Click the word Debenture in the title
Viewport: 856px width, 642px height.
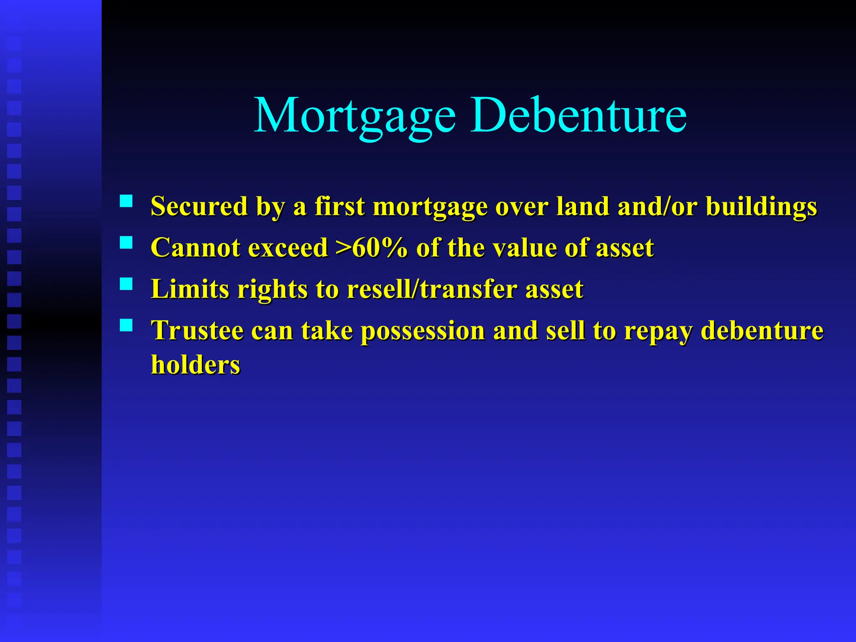point(578,115)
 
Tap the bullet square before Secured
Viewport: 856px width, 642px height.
point(126,201)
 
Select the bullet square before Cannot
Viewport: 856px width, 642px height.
point(126,243)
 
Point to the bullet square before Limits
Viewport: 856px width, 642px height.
point(126,284)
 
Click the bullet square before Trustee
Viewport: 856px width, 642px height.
point(126,325)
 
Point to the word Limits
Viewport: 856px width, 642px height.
point(190,289)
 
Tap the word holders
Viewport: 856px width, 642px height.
point(196,365)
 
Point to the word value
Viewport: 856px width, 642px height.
point(525,247)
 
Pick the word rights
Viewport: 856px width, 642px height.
point(272,290)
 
